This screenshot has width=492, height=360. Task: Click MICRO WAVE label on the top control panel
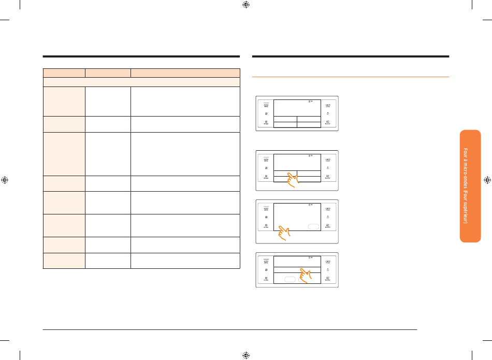(x=266, y=105)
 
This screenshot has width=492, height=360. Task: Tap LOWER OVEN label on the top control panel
(x=327, y=105)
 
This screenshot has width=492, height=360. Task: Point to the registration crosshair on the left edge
(x=5, y=180)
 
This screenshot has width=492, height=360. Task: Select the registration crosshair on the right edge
(x=487, y=180)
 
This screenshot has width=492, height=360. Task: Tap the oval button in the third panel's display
(x=314, y=227)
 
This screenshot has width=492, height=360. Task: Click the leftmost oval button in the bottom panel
(x=290, y=279)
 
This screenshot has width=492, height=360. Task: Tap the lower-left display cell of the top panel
(x=285, y=124)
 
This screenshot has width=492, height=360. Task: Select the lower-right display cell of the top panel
(x=309, y=124)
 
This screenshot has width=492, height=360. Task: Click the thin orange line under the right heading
(x=350, y=77)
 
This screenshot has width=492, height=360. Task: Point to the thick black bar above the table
(x=141, y=56)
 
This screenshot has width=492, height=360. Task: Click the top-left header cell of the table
(x=64, y=73)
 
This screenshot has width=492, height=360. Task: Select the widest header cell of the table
(x=185, y=73)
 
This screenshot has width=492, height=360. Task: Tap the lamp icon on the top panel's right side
(x=328, y=113)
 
